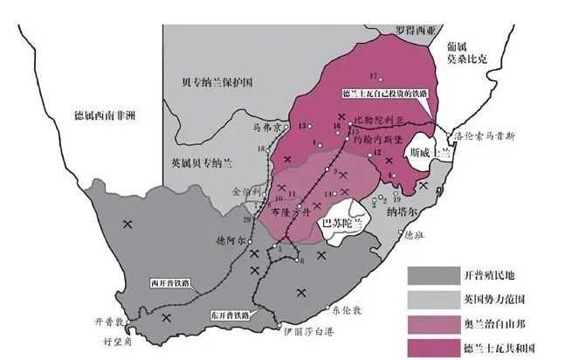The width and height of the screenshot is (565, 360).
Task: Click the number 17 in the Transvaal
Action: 373,73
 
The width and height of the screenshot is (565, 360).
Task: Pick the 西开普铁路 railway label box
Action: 169,282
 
